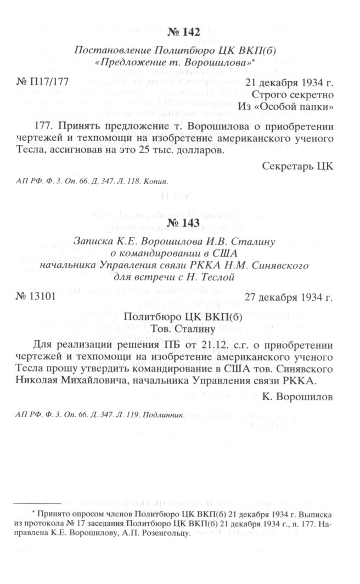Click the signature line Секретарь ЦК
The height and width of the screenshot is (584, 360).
pos(299,165)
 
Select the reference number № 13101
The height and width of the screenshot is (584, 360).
pos(35,298)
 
